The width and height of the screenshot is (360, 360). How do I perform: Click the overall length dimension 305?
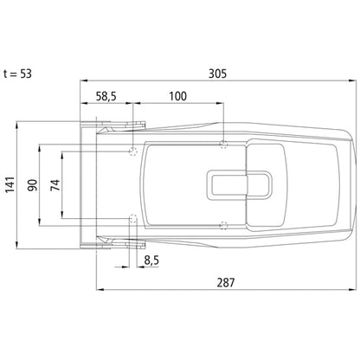pyautogui.click(x=217, y=74)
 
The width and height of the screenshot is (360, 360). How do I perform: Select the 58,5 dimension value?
pyautogui.click(x=108, y=96)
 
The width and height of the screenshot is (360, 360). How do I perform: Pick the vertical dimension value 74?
pyautogui.click(x=55, y=185)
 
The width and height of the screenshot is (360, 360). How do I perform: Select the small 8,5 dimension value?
pyautogui.click(x=151, y=260)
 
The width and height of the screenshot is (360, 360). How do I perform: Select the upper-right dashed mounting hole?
pyautogui.click(x=224, y=144)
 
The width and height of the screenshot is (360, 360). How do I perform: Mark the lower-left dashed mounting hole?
pyautogui.click(x=132, y=216)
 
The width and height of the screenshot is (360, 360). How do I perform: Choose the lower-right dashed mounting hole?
pyautogui.click(x=224, y=227)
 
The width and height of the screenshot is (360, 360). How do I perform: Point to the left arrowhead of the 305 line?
pyautogui.click(x=82, y=84)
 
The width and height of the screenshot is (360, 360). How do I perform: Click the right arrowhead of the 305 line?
pyautogui.click(x=353, y=84)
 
